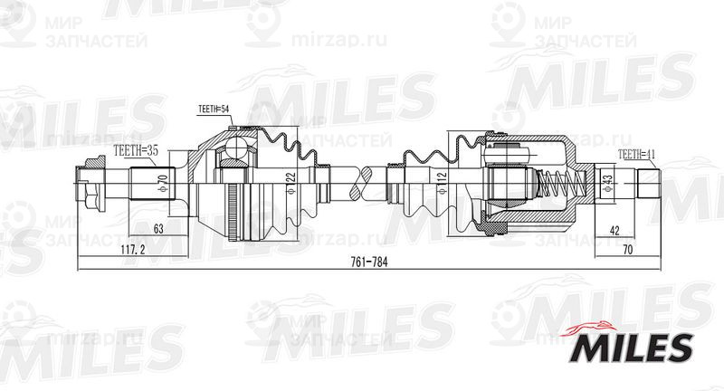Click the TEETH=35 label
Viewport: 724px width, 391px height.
click(135, 153)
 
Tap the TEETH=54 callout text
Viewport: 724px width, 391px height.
click(214, 110)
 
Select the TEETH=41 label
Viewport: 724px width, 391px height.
click(637, 155)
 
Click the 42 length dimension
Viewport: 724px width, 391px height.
click(615, 231)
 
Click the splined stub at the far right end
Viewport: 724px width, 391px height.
click(648, 185)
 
